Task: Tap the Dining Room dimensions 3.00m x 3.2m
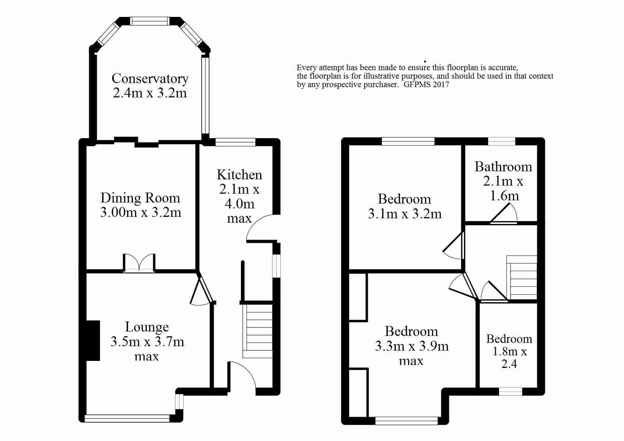[x=141, y=212]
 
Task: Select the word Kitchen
[x=239, y=175]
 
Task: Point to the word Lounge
[x=147, y=327]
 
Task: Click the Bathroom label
[x=503, y=167]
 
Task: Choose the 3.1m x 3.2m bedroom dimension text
[x=405, y=214]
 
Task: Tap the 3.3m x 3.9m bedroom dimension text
[x=412, y=347]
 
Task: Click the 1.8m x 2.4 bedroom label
[x=509, y=351]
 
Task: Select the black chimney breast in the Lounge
[x=93, y=341]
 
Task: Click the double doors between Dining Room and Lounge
[x=139, y=263]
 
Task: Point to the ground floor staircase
[x=257, y=331]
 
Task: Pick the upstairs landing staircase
[x=522, y=277]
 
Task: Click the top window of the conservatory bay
[x=150, y=21]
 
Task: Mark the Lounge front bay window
[x=127, y=418]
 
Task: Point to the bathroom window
[x=501, y=141]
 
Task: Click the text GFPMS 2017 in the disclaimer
[x=426, y=84]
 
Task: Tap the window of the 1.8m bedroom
[x=510, y=392]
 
